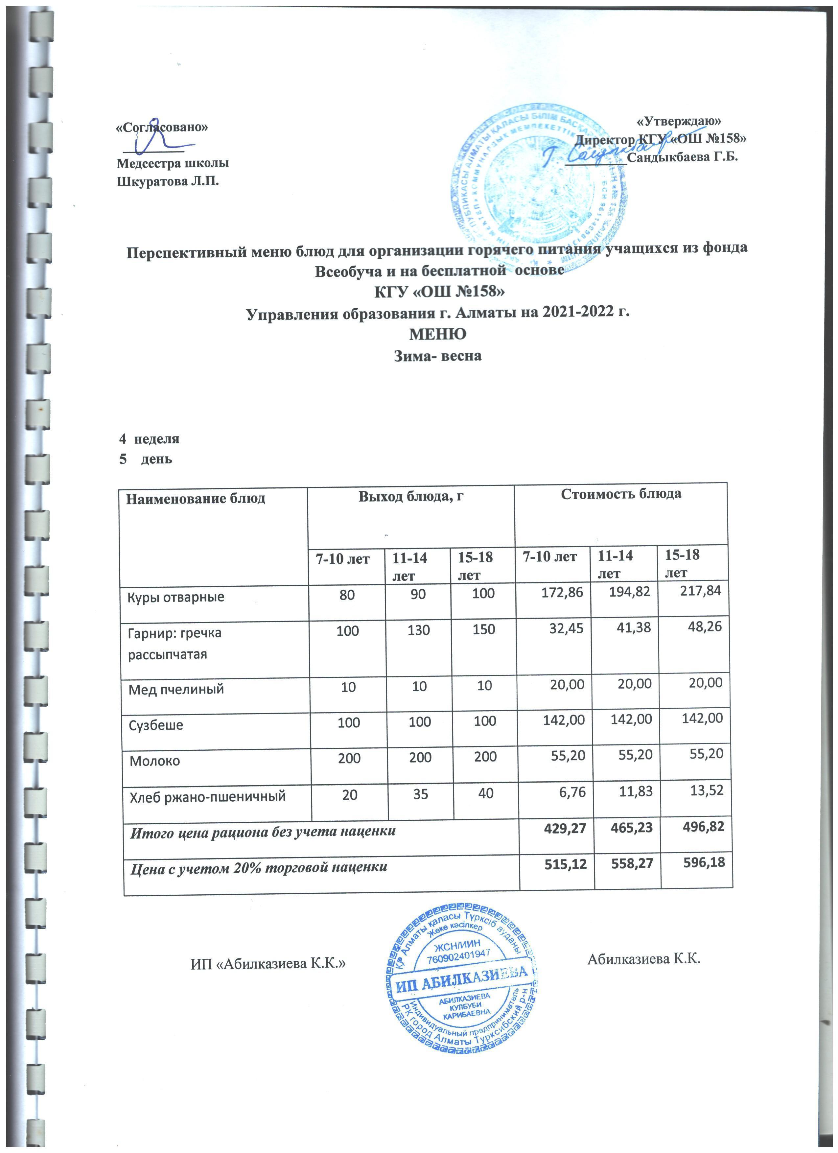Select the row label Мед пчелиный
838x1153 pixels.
pyautogui.click(x=176, y=689)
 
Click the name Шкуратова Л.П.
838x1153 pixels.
pyautogui.click(x=168, y=181)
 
